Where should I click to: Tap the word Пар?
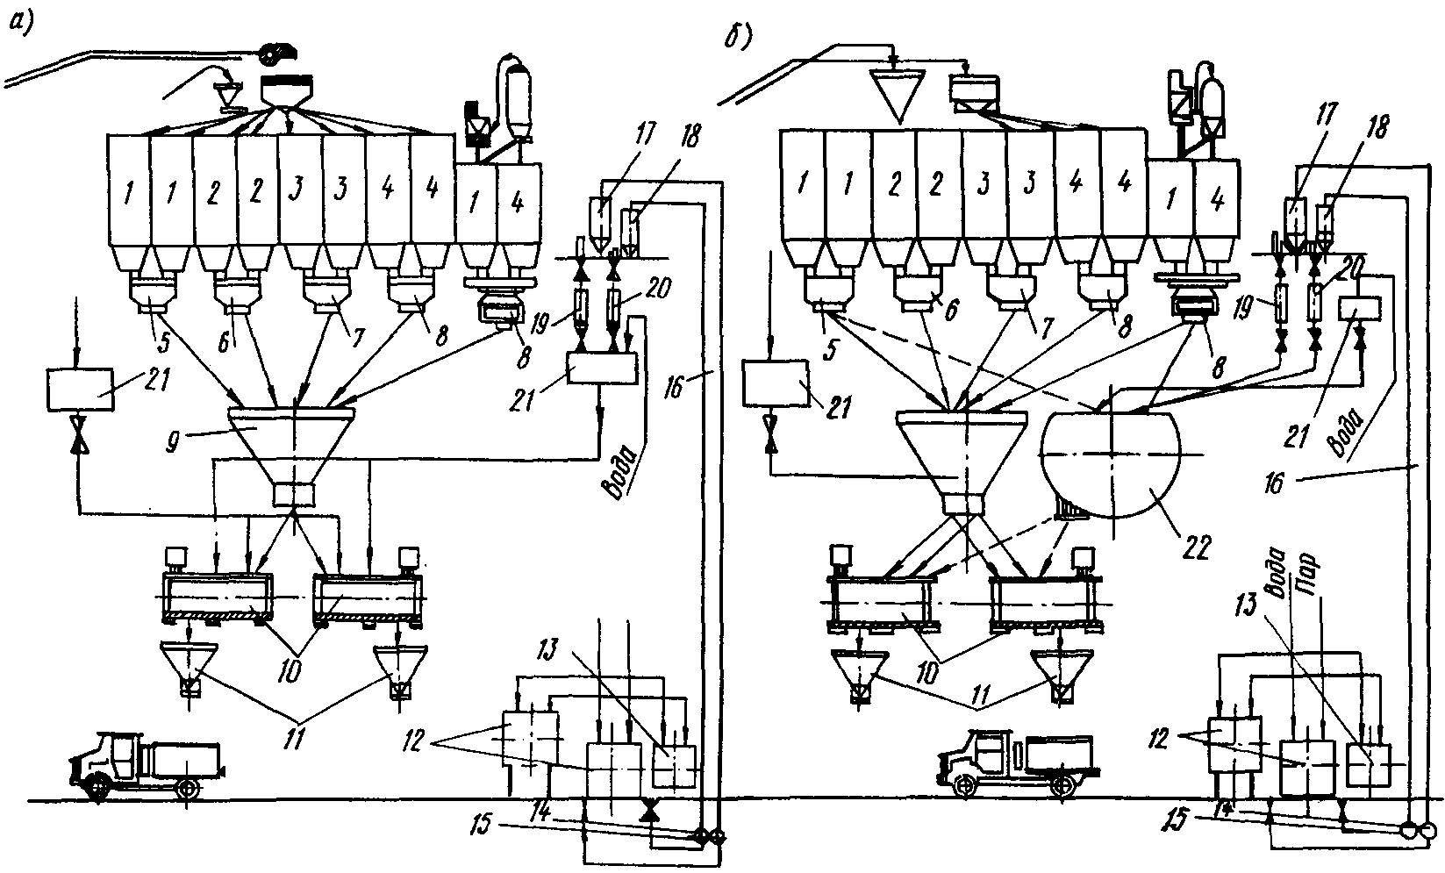(1310, 569)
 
